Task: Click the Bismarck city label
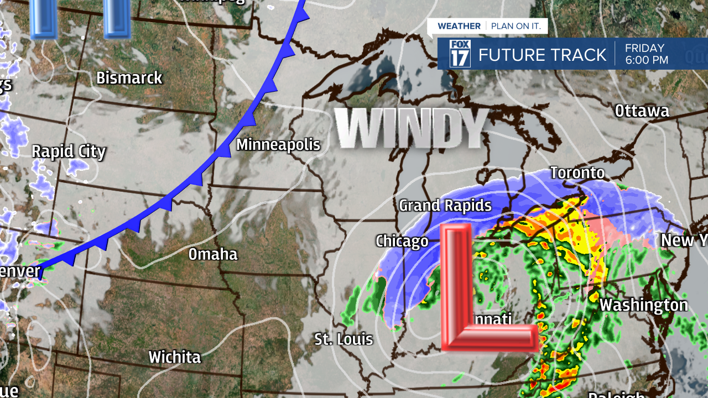point(129,78)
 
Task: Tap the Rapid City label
point(69,152)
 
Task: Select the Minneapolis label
point(278,145)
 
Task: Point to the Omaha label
point(213,254)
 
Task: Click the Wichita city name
point(174,357)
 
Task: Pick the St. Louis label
point(343,339)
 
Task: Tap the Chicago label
point(402,242)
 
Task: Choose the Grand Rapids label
point(445,206)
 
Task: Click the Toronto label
point(577,173)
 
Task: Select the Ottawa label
point(642,111)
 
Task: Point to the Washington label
point(643,305)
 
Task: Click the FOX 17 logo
point(460,54)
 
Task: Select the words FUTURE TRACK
point(542,55)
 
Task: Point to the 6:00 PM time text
point(647,60)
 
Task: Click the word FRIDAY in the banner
point(644,48)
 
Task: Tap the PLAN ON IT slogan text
point(517,26)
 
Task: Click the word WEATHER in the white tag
point(459,26)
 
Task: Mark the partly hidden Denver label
point(20,271)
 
